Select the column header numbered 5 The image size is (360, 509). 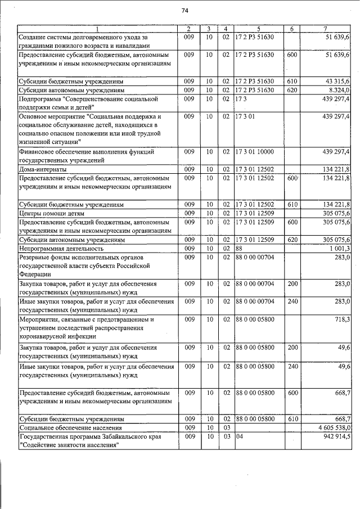click(x=259, y=29)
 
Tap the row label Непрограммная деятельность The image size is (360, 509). click(x=61, y=247)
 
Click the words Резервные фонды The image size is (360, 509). click(x=45, y=256)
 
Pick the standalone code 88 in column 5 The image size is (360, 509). click(x=239, y=247)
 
